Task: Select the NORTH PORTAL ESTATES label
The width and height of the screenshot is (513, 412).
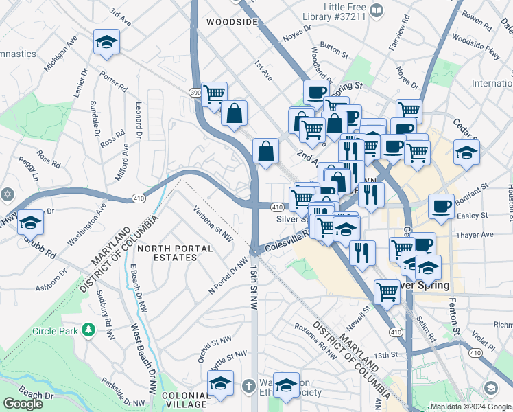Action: [167, 252]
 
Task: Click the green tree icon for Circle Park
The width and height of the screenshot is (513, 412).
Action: [87, 330]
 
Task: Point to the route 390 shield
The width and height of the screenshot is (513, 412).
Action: [195, 91]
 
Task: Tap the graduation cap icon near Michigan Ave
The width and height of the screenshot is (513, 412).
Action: [106, 43]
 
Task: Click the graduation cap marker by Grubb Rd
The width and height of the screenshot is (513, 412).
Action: [30, 223]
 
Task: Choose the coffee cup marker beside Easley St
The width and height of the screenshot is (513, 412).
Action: [442, 206]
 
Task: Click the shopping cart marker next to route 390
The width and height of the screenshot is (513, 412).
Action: [215, 93]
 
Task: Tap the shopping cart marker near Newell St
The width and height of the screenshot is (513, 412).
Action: [387, 292]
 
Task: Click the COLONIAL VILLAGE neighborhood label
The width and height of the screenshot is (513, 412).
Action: [186, 400]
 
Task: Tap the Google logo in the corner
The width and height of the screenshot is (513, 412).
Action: [23, 404]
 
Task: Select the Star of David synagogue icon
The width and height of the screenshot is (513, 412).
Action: [7, 194]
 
